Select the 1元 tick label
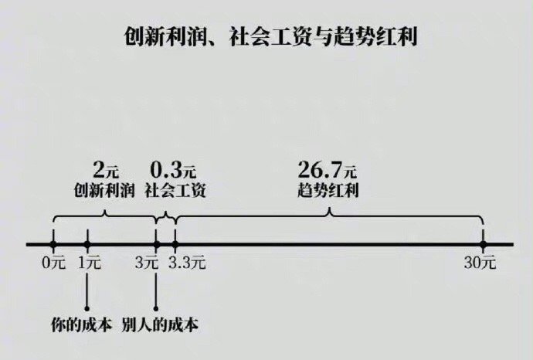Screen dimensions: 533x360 (89, 262)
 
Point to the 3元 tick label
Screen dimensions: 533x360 (146, 262)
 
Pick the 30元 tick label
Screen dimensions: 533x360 (480, 262)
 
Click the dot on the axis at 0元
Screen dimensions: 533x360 (53, 244)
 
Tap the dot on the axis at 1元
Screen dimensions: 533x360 (87, 244)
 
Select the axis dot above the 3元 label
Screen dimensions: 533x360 (157, 244)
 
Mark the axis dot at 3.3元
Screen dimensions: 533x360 (175, 244)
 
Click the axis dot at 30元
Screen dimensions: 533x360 (483, 244)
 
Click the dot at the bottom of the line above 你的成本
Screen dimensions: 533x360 (87, 307)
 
